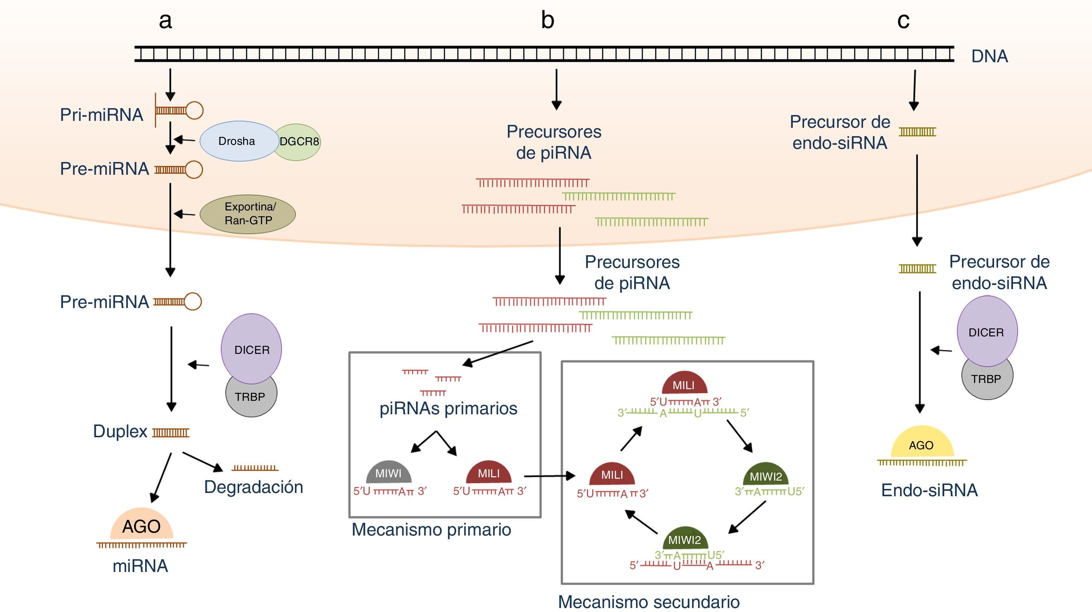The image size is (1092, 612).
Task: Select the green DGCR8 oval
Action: pos(299,142)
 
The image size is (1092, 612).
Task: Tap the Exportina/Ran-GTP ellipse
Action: pos(248,214)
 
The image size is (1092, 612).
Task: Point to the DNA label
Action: pos(989,56)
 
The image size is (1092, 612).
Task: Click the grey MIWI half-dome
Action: pos(388,473)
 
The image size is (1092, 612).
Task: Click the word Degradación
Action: pos(253,487)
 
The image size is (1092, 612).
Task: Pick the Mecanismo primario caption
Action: pos(431,530)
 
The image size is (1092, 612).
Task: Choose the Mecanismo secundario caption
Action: pos(649,602)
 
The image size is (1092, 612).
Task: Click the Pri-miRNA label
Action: pos(102,115)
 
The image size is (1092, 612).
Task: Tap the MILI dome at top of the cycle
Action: pos(684,384)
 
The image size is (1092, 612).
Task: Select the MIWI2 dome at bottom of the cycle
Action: pos(685,538)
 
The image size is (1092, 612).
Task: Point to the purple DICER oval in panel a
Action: pos(252,349)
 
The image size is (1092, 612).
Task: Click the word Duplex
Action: pos(120,431)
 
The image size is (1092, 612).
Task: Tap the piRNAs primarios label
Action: pos(448,408)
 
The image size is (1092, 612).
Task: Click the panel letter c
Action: pos(903,20)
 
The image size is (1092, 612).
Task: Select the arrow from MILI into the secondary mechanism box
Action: pos(549,476)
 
